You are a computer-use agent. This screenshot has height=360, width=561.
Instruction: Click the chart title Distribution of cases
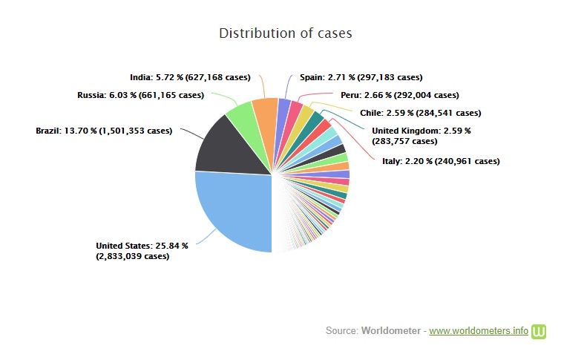(285, 33)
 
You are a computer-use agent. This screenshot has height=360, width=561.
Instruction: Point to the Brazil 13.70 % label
(104, 131)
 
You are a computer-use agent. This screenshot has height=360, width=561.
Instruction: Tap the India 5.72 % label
(190, 76)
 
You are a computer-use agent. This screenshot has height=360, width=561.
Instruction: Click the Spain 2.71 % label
(361, 76)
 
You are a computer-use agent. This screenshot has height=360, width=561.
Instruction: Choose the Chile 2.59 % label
(421, 113)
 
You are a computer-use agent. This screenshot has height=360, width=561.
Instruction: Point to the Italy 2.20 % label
(440, 160)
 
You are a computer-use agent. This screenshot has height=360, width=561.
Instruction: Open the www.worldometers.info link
(479, 330)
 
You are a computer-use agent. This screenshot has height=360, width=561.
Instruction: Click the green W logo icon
(539, 330)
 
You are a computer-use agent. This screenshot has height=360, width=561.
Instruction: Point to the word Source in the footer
(341, 330)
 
